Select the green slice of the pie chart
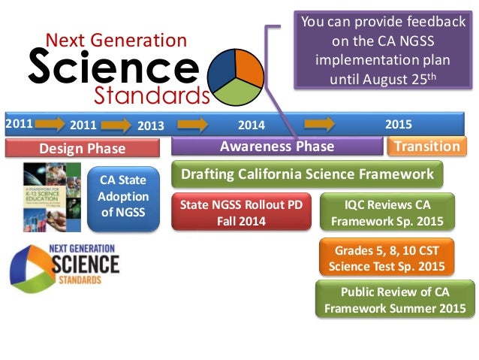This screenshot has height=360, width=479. [239, 97]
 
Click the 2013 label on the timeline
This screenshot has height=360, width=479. [150, 126]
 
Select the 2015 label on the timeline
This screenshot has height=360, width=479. [399, 124]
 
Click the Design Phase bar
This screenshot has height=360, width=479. [83, 148]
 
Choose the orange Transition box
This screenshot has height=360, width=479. [426, 147]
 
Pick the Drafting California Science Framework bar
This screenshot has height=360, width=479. [307, 174]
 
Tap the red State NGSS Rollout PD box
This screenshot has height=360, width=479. [240, 211]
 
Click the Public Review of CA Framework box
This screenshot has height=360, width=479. [395, 300]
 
